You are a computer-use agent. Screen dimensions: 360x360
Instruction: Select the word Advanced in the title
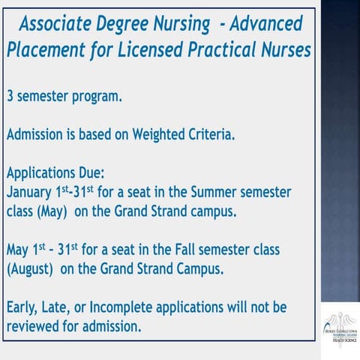click(x=264, y=24)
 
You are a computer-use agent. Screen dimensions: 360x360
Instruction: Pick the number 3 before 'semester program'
click(x=10, y=97)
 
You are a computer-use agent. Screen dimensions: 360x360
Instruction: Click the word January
click(x=31, y=192)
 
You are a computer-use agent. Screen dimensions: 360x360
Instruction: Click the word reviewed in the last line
click(x=33, y=327)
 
